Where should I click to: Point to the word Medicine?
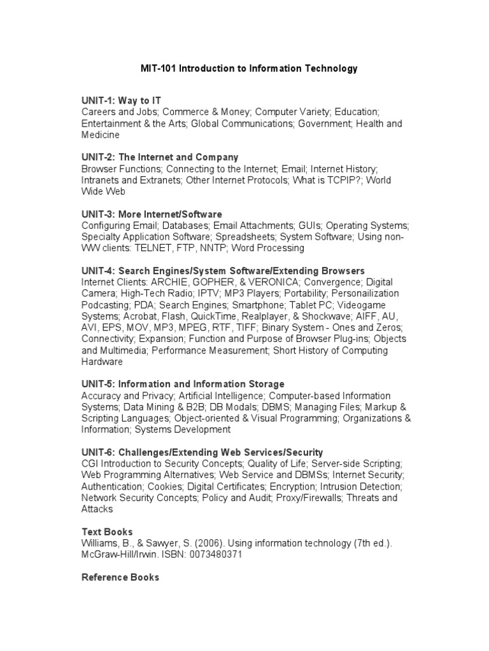pos(101,135)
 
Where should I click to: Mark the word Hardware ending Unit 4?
pos(102,362)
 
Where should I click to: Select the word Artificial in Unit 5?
pos(203,395)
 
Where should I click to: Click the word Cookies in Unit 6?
pos(162,486)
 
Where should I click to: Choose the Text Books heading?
pos(107,531)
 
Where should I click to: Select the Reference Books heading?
pos(120,577)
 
